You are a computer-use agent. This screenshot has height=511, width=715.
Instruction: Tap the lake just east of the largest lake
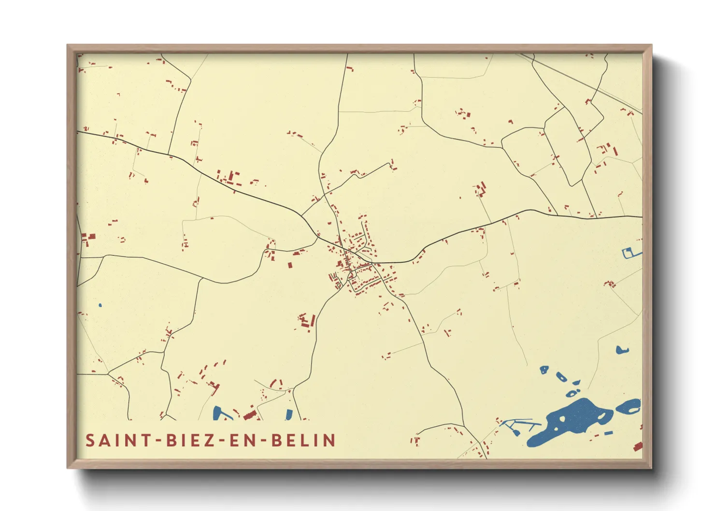629,407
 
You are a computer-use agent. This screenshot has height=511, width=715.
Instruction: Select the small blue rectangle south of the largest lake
608,433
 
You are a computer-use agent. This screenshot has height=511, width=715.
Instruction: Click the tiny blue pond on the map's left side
100,305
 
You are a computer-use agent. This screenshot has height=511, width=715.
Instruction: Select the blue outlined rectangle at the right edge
629,253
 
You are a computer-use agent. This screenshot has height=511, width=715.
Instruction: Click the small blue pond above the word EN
289,414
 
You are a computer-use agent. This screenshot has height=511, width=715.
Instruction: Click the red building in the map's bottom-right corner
638,447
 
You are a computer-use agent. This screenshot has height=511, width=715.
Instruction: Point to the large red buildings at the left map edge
89,238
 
